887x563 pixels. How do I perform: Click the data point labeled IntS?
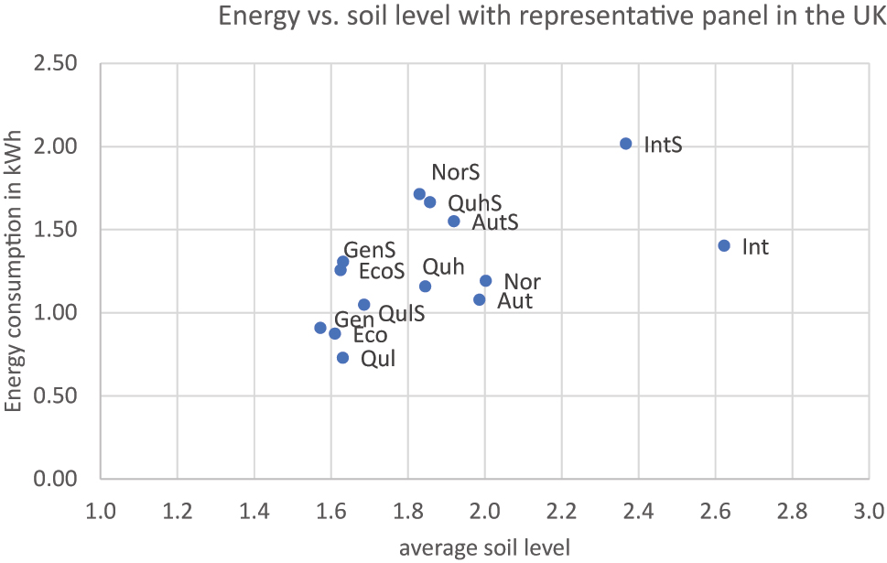(x=626, y=144)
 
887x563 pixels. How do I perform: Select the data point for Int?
(x=724, y=245)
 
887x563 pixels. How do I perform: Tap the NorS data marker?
(x=419, y=194)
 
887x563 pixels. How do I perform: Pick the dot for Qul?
(x=343, y=358)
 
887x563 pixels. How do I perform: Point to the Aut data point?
(x=480, y=299)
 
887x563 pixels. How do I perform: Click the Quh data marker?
(x=425, y=287)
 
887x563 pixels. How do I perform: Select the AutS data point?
(x=454, y=221)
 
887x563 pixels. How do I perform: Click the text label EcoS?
(x=382, y=272)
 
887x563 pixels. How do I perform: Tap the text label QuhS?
(x=474, y=204)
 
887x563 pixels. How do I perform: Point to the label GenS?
(x=370, y=250)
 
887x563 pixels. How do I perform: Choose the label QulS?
(x=401, y=315)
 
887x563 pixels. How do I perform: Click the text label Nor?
(x=522, y=282)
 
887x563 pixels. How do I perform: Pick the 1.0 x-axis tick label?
(x=100, y=509)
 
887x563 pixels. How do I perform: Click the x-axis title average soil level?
(x=484, y=547)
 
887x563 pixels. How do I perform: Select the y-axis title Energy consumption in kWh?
(x=14, y=271)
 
